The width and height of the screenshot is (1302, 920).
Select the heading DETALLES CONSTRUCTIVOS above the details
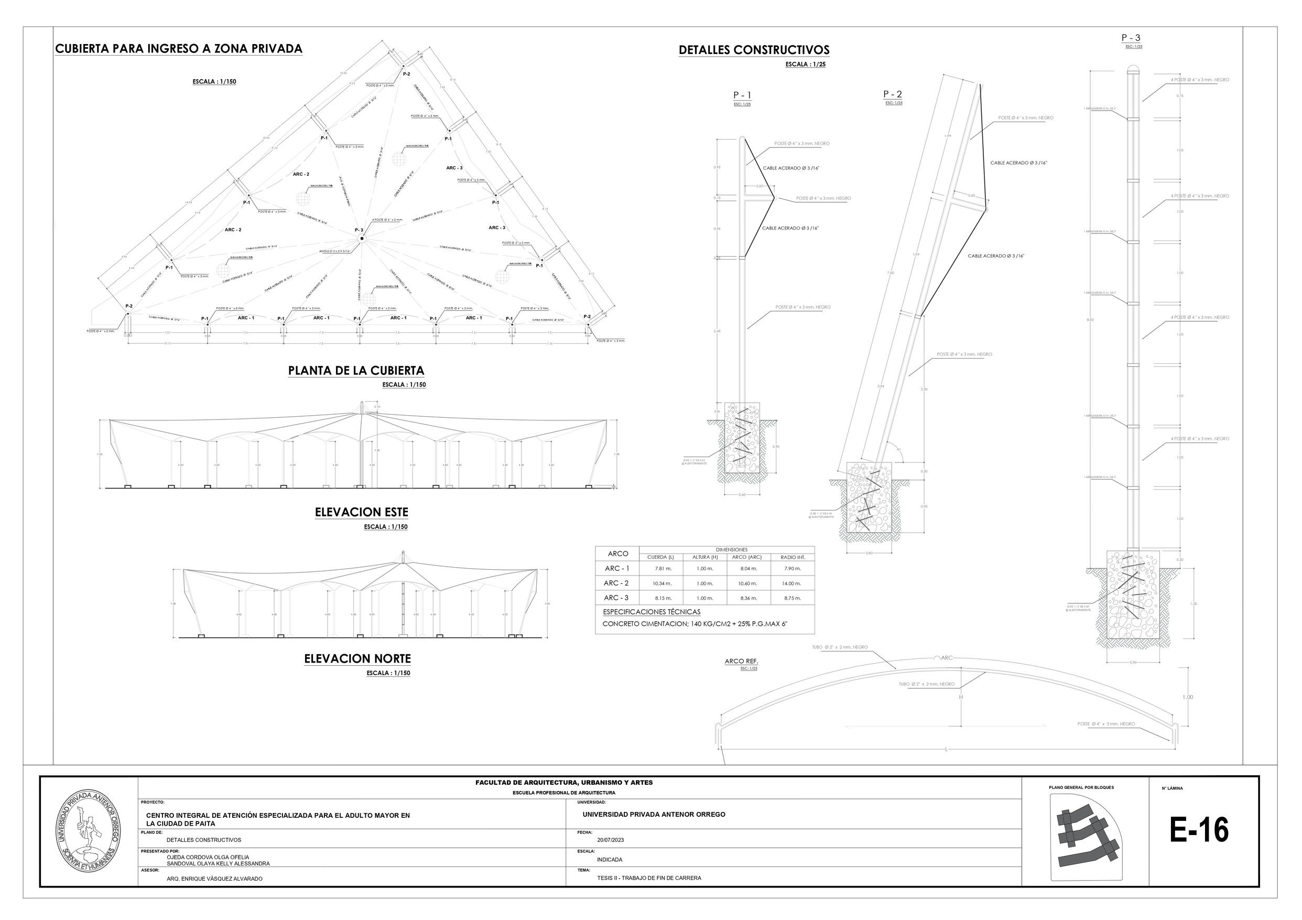coord(754,50)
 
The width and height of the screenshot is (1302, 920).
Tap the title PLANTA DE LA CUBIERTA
coord(355,371)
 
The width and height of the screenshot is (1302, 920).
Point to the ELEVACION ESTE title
coord(361,512)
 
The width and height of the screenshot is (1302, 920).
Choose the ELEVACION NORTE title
coord(357,658)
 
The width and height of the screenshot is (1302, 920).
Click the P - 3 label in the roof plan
coord(359,230)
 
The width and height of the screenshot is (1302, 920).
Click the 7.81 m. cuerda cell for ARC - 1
coord(663,568)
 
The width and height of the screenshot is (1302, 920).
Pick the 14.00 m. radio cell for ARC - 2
coord(793,583)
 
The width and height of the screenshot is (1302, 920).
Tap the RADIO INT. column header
coord(793,557)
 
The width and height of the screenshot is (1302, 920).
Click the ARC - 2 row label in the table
coord(616,583)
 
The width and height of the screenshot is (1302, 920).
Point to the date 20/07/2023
coord(610,840)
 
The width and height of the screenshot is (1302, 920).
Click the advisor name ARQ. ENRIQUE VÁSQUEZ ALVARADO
coord(214,879)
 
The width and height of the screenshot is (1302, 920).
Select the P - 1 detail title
coord(742,95)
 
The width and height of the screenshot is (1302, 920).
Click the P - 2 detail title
coord(893,94)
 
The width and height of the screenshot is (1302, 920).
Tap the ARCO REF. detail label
coord(741,662)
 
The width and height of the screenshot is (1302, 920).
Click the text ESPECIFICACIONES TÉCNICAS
coord(652,612)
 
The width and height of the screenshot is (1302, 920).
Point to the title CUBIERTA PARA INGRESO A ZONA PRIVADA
coord(179,49)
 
